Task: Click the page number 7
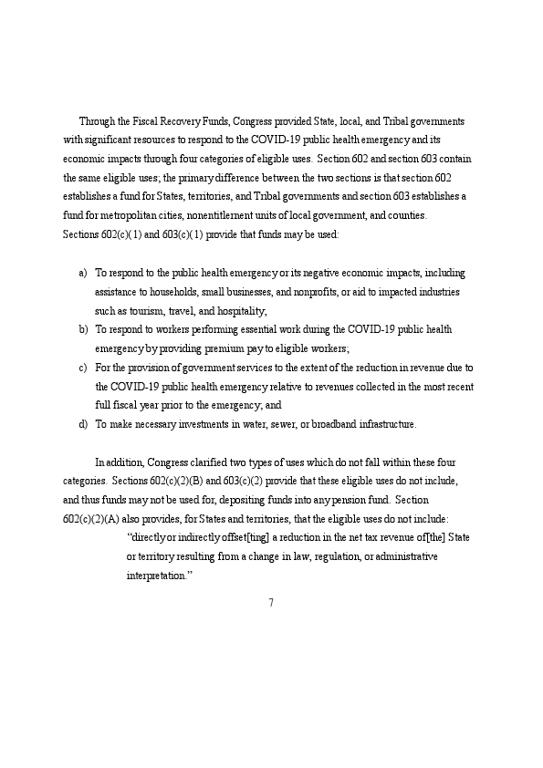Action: (271, 602)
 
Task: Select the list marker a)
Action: (83, 273)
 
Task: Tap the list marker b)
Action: (83, 329)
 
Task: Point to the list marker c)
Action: (83, 368)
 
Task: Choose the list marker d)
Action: (83, 424)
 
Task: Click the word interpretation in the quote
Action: (156, 576)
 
